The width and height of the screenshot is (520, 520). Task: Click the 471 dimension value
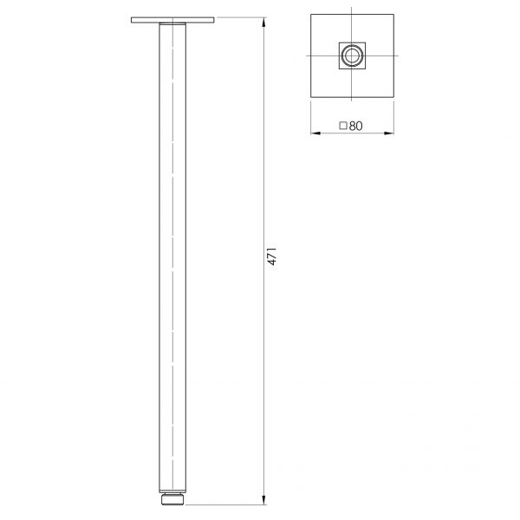tap(271, 257)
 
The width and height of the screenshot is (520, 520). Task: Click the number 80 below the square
tap(355, 126)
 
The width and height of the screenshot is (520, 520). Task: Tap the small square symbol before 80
tap(343, 126)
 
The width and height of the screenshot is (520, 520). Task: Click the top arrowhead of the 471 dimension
tap(263, 21)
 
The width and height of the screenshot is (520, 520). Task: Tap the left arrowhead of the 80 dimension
tap(313, 134)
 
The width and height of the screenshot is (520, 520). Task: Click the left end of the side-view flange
tap(133, 19)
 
